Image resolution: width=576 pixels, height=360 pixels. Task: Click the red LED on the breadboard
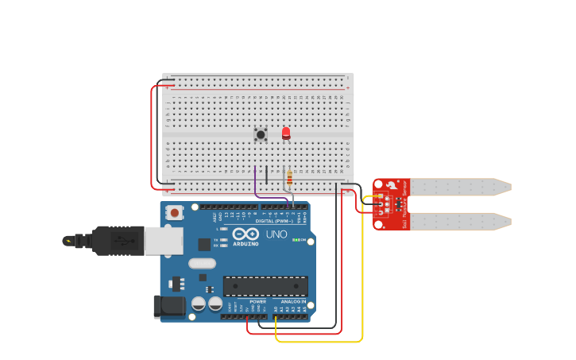(286, 133)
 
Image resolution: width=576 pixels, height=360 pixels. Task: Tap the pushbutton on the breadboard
(261, 134)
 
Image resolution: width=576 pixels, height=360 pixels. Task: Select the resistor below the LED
(289, 177)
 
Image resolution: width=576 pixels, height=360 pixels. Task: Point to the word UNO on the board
(276, 234)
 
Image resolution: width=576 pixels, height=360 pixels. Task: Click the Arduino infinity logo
(246, 234)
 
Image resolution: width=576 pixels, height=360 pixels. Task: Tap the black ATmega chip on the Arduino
(265, 286)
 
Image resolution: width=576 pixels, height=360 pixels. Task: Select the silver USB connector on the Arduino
(164, 240)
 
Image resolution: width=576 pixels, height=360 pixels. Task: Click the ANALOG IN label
(293, 302)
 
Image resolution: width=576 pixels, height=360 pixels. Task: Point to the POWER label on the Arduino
(258, 302)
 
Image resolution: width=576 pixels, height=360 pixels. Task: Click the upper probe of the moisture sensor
(461, 188)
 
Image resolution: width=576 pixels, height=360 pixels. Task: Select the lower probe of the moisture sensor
(461, 221)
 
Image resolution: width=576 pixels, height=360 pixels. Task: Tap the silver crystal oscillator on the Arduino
(202, 263)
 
